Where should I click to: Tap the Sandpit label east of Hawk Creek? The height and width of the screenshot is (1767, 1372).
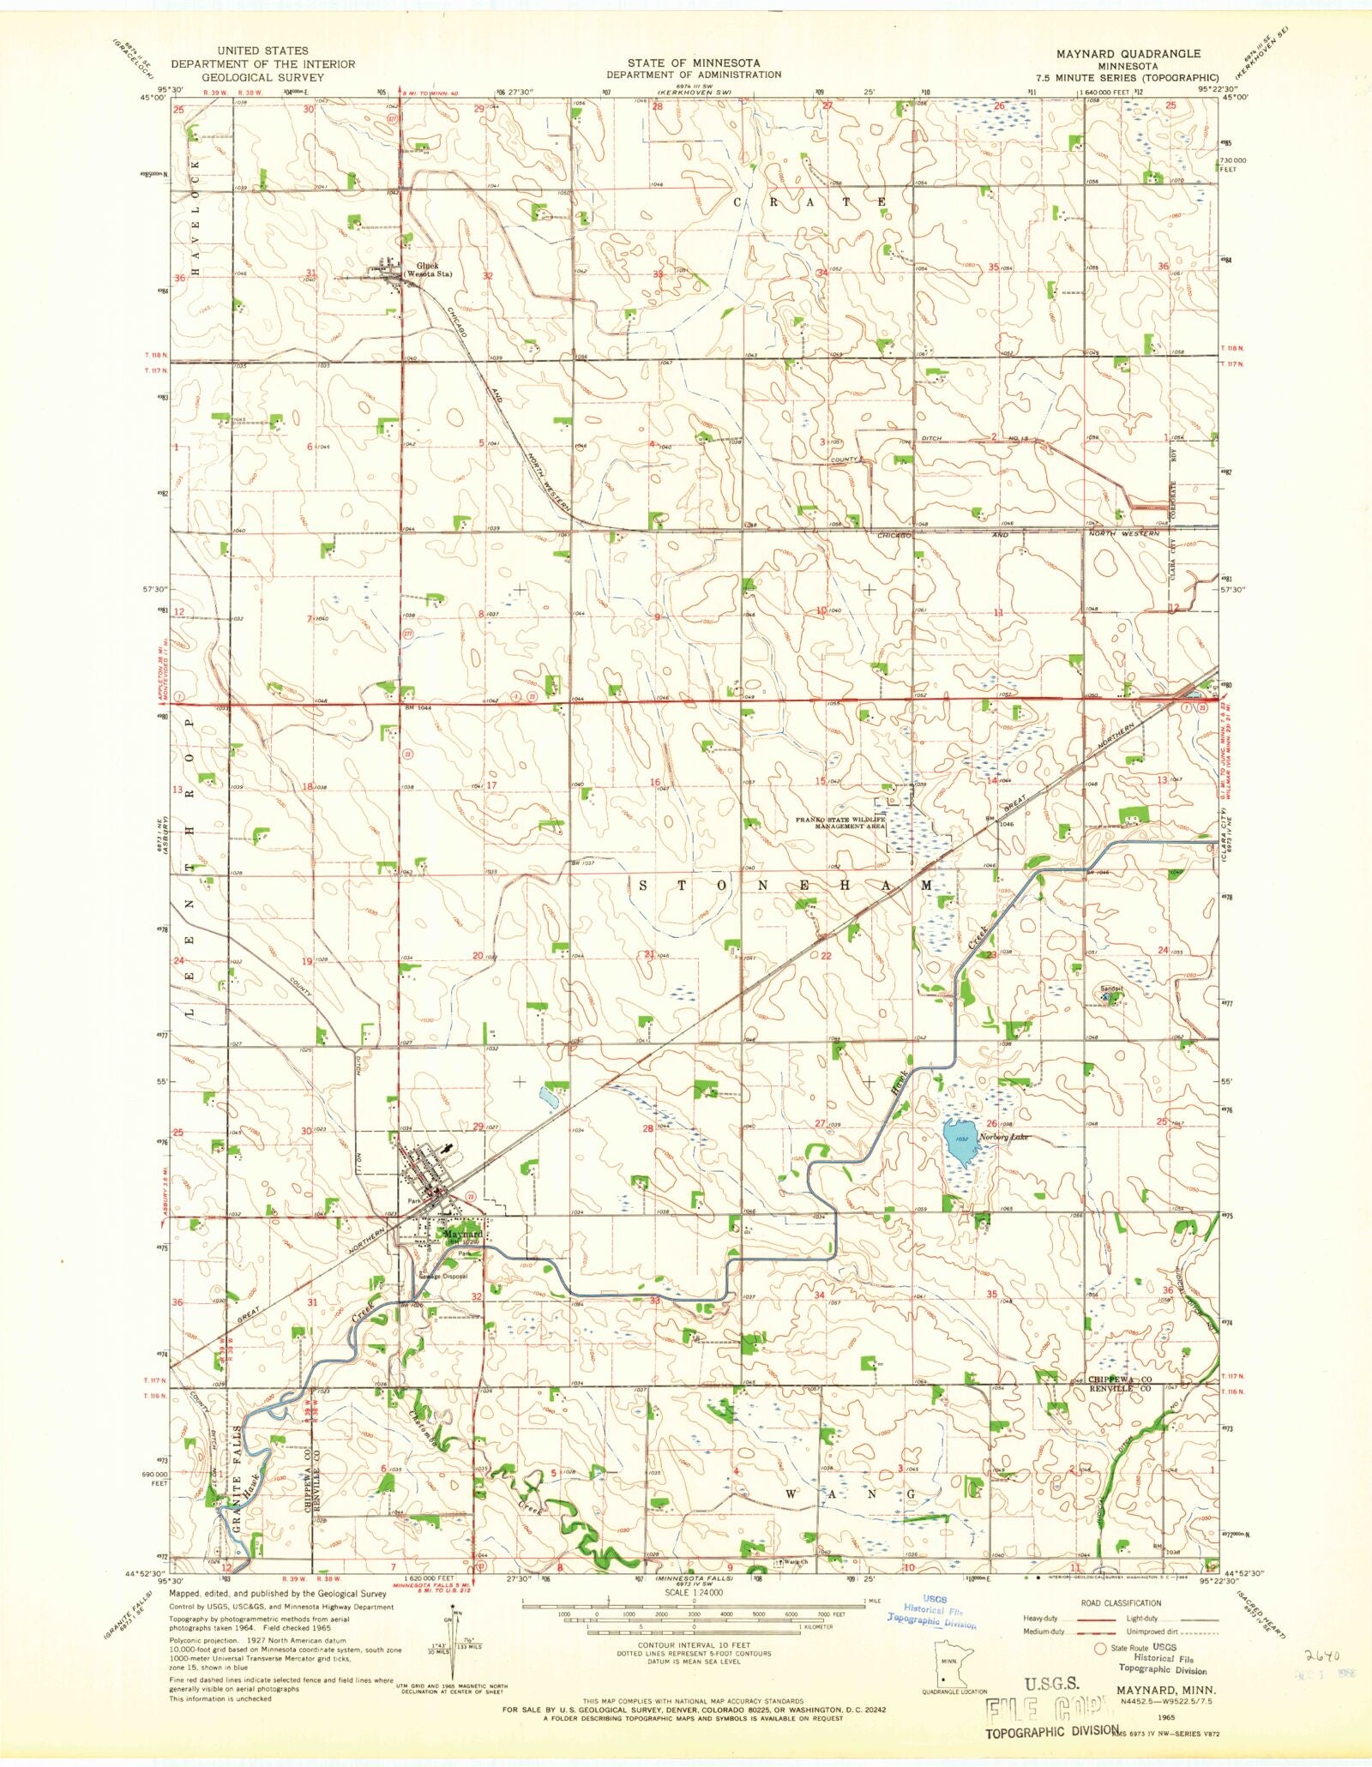coord(1111,988)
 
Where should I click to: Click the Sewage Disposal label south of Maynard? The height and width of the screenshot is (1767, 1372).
coord(443,1276)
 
